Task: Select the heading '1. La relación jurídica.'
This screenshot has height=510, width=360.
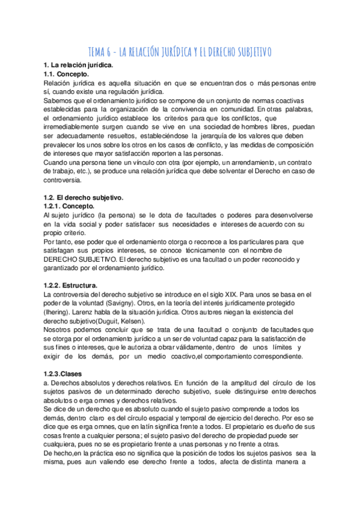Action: [x=78, y=64]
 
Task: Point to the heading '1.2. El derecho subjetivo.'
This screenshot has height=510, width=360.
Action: [x=84, y=198]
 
